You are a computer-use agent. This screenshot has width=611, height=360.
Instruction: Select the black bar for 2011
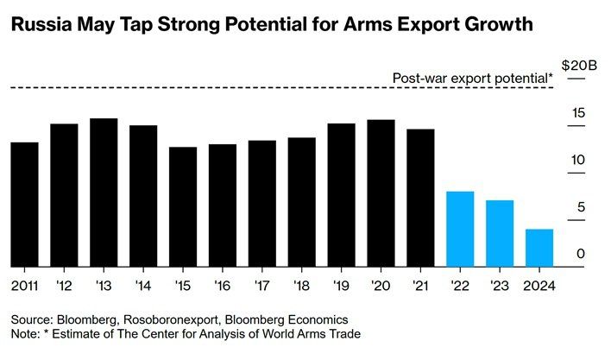tap(24, 205)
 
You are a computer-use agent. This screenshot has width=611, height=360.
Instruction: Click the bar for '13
tap(104, 193)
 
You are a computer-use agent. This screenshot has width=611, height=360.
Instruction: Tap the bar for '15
tap(183, 207)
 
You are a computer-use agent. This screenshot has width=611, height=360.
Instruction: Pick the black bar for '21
tap(420, 198)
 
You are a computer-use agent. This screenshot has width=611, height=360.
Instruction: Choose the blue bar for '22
tap(460, 229)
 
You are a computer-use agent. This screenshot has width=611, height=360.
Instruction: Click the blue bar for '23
tap(500, 233)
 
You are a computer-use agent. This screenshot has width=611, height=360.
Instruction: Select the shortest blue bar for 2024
tap(539, 248)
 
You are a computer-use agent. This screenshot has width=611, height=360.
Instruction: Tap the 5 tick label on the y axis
tap(581, 207)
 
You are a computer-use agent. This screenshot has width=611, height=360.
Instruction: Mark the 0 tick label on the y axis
tap(581, 254)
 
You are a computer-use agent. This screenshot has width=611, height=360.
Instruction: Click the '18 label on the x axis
tap(301, 284)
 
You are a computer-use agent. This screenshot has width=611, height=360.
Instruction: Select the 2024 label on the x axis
tap(539, 284)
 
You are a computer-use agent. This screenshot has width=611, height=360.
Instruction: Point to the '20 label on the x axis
tap(381, 284)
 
